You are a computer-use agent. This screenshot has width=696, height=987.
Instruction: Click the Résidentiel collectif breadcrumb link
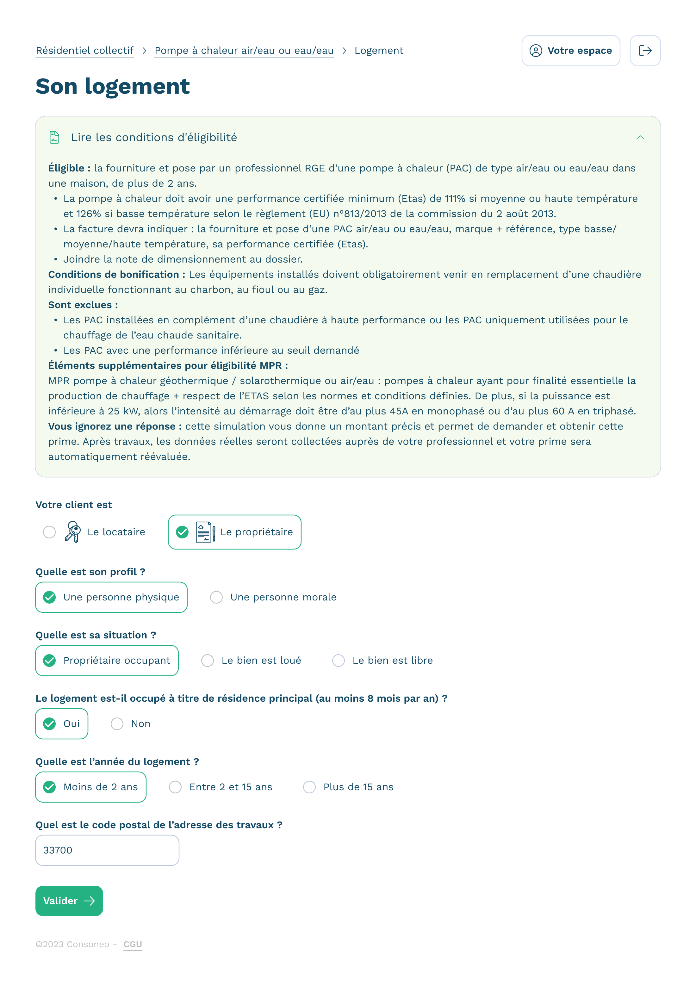[x=85, y=51]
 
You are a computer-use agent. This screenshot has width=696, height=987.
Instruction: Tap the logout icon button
[x=645, y=51]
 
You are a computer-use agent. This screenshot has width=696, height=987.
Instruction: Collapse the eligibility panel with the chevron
[x=640, y=138]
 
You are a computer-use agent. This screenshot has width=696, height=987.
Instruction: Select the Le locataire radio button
[x=49, y=532]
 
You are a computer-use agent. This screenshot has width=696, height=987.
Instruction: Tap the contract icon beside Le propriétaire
[x=205, y=532]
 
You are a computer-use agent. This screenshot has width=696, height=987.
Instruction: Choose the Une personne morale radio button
[x=216, y=597]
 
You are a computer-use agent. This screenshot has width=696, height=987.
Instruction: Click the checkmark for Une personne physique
[x=49, y=597]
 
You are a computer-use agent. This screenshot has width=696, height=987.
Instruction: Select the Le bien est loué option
[x=208, y=660]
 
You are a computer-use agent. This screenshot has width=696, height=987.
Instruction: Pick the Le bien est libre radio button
[x=338, y=660]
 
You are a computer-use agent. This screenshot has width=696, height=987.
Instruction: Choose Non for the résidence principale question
[x=117, y=724]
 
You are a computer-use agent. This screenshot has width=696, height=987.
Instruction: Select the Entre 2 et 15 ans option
[x=175, y=787]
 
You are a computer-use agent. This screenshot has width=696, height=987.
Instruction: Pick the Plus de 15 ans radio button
[x=309, y=787]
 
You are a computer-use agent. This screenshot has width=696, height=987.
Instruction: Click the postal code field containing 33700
[x=107, y=850]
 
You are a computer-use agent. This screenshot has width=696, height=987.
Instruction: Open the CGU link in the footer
[x=133, y=944]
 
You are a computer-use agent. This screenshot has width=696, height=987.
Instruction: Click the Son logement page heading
[x=113, y=86]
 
